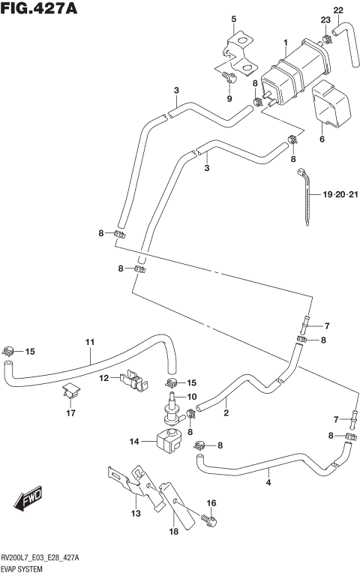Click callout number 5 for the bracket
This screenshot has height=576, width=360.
233,19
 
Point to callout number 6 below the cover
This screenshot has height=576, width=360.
322,139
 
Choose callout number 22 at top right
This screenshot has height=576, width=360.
338,9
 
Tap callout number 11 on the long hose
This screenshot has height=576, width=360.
89,343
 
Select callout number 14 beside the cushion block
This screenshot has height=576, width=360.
135,442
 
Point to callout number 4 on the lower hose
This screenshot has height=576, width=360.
268,482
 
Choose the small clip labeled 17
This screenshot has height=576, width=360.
71,391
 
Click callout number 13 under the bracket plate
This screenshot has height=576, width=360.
136,513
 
